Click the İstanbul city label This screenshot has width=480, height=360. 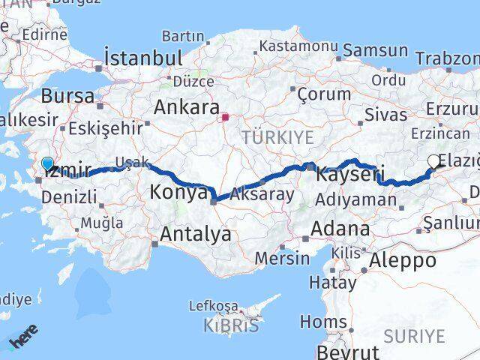pos(143,58)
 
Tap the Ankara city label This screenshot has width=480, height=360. pos(186,107)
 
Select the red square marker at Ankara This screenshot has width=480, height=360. pos(225,116)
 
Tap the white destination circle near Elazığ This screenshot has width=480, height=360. pos(434,160)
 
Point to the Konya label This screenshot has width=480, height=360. pos(178,193)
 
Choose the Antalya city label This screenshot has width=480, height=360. pos(195,235)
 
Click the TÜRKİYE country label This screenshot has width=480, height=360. pos(277,137)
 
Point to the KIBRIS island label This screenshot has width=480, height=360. pos(232,325)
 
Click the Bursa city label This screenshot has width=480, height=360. pos(67,96)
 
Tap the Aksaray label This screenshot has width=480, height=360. pos(262,193)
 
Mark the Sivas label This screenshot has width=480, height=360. pos(385,115)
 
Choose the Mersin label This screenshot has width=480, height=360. pos(282,258)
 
